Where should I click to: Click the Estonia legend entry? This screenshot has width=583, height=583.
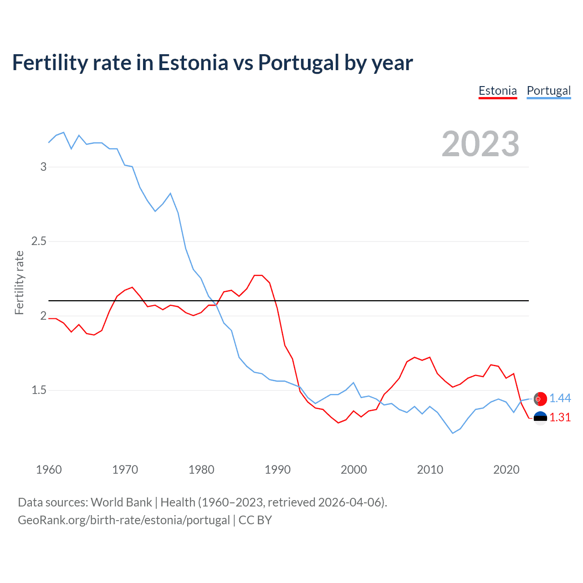click(x=497, y=91)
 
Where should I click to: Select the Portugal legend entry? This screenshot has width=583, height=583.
click(x=548, y=91)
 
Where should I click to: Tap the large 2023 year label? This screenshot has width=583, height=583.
click(x=481, y=144)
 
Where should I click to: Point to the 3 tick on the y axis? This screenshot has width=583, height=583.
click(x=43, y=167)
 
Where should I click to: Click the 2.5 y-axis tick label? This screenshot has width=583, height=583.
click(x=39, y=241)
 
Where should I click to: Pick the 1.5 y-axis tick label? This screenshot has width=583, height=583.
click(x=39, y=390)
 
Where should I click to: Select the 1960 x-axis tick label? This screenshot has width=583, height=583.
click(x=49, y=470)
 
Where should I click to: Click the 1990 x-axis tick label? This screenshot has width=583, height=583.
click(x=277, y=470)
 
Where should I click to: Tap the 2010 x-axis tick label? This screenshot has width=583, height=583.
click(x=430, y=470)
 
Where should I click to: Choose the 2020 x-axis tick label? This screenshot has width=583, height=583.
click(x=506, y=470)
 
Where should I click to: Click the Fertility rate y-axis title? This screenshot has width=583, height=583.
click(x=19, y=282)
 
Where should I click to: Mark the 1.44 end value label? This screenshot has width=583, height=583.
click(x=560, y=398)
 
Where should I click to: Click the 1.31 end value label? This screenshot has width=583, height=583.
click(x=560, y=417)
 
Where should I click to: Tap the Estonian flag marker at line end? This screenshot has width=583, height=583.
click(x=540, y=418)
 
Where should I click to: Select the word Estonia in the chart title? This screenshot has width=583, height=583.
click(x=193, y=62)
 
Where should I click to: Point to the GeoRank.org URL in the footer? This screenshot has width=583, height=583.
click(x=124, y=520)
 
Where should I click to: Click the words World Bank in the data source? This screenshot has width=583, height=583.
click(x=121, y=502)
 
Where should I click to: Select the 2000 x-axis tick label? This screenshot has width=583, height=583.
click(x=353, y=470)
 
